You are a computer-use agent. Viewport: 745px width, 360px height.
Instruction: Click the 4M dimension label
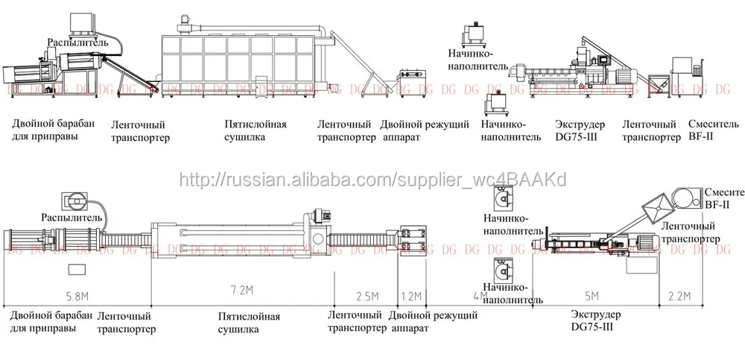pos(481,296)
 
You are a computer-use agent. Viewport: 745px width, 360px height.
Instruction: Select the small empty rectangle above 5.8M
pos(76,269)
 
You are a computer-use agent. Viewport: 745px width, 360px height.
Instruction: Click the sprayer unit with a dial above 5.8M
pos(73,200)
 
